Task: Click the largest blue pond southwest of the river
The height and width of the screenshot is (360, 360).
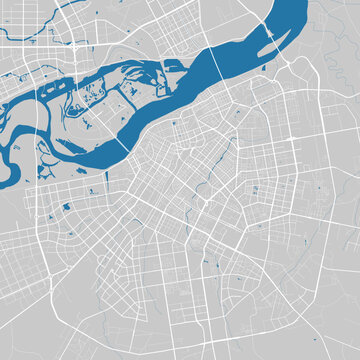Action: coord(66,206)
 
